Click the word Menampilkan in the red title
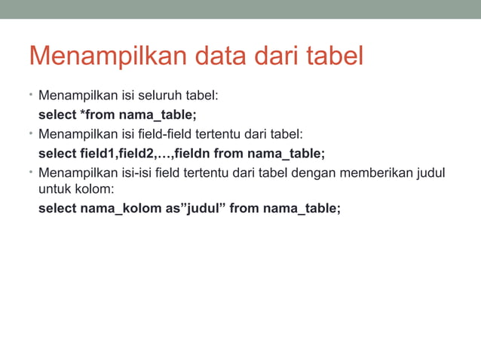coord(108,57)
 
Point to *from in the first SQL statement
coord(98,115)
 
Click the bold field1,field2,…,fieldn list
coord(145,154)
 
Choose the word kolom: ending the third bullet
coord(93,189)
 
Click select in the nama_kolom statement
coord(57,208)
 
